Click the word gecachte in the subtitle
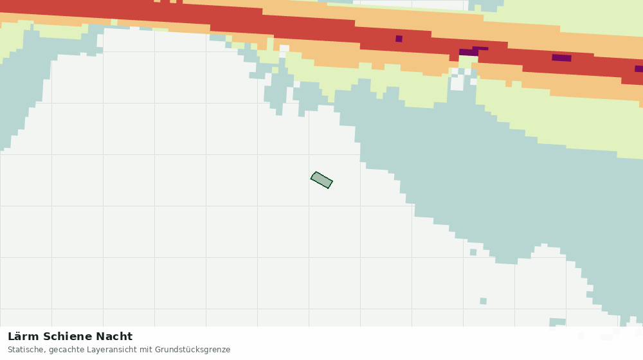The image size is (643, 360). coord(64,350)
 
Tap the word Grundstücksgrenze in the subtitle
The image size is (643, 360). coord(192,350)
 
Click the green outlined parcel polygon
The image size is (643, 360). coord(321,180)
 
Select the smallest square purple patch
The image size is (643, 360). coord(399,39)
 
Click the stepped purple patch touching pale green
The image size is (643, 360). coord(473,51)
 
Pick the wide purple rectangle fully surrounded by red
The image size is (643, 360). coord(561,58)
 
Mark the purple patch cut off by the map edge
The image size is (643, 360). coord(639,69)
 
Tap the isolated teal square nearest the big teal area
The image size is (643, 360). coord(473,252)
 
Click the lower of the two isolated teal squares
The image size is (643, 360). coord(484,301)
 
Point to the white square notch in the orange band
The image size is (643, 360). coord(284,49)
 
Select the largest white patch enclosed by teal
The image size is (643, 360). coord(457,83)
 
